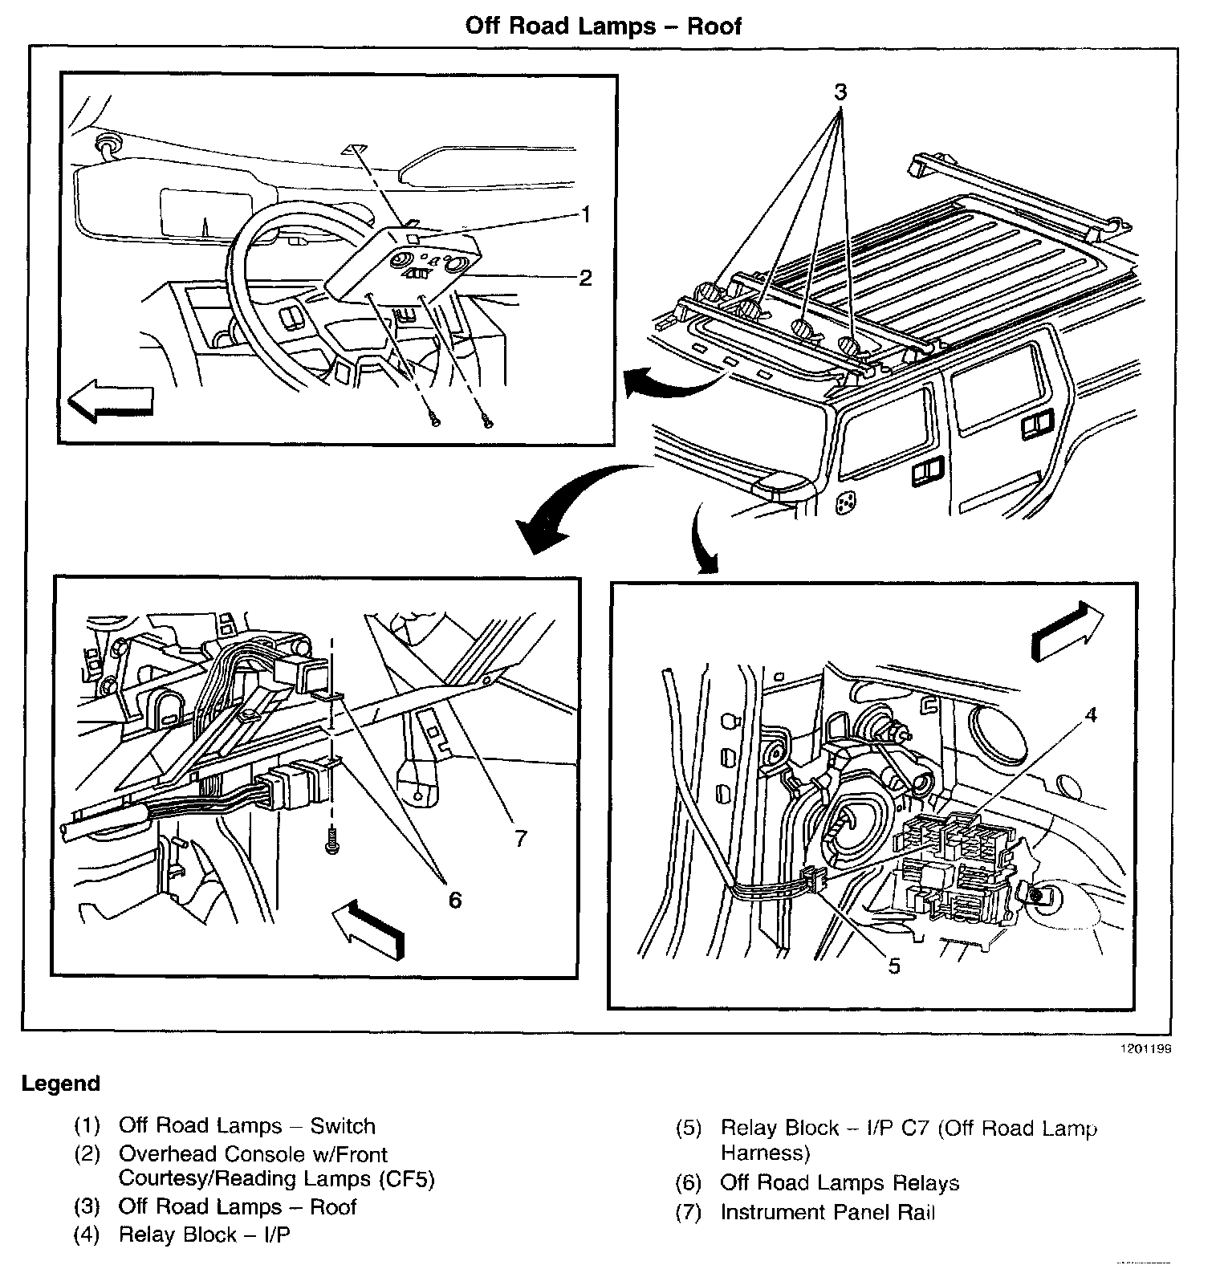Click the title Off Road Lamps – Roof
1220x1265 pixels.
point(604,26)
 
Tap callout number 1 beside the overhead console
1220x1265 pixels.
point(586,215)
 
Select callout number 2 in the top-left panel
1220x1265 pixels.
point(586,278)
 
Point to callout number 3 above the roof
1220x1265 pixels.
point(840,93)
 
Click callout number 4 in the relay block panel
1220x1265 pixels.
point(1090,715)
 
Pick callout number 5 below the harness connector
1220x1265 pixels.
point(894,966)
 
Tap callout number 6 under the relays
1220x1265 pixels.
point(455,900)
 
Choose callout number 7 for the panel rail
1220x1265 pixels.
point(521,839)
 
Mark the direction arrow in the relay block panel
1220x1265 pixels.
point(1067,632)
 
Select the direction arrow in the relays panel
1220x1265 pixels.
point(368,928)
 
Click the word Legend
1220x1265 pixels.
point(61,1084)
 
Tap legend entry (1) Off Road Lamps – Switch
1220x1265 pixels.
point(246,1126)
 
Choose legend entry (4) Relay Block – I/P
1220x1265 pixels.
point(204,1234)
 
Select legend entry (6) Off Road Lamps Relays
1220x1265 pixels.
point(839,1183)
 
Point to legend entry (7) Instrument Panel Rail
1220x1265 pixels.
point(827,1212)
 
